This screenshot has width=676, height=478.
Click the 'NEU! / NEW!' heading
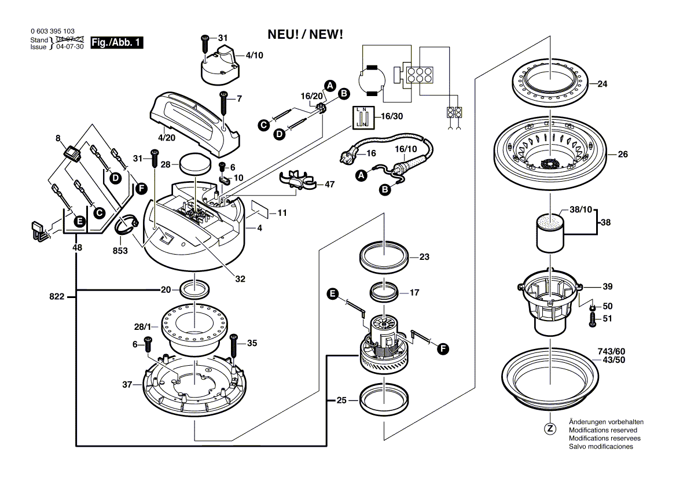coord(306,35)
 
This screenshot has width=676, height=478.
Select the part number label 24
coord(602,84)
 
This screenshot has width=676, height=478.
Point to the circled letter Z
coord(550,429)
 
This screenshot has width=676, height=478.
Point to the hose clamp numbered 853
coord(128,226)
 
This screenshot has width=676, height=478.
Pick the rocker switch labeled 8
coord(73,153)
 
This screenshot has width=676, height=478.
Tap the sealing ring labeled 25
coord(383,399)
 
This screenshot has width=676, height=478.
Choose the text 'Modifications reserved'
coord(602,431)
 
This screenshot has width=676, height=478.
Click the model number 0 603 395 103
coord(52,32)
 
